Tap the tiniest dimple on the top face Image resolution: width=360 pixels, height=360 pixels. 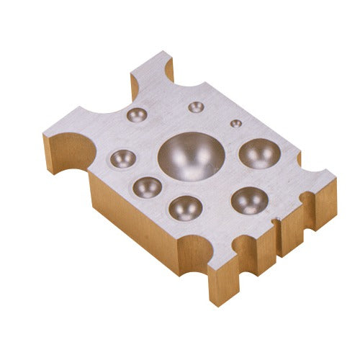click(x=235, y=122)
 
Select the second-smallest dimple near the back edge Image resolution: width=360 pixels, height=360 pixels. click(x=195, y=107)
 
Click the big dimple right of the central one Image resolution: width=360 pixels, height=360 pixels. click(x=259, y=153)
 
